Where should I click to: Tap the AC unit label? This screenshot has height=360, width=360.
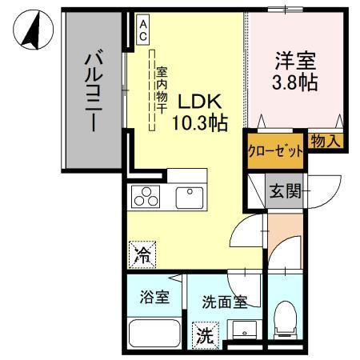point(143,30)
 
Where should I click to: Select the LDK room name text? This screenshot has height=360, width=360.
point(198,102)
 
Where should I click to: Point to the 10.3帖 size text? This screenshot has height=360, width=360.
point(198,123)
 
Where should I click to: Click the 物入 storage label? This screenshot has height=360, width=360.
point(326,141)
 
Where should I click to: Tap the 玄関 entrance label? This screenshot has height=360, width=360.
point(284,191)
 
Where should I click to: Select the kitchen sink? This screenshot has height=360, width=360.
point(190,195)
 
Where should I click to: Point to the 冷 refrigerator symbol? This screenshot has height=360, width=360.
point(143,255)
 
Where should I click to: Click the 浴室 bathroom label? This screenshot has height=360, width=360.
point(154,298)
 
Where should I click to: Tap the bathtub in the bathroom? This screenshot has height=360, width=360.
point(154,332)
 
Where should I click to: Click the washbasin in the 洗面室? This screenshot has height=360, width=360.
point(244,330)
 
